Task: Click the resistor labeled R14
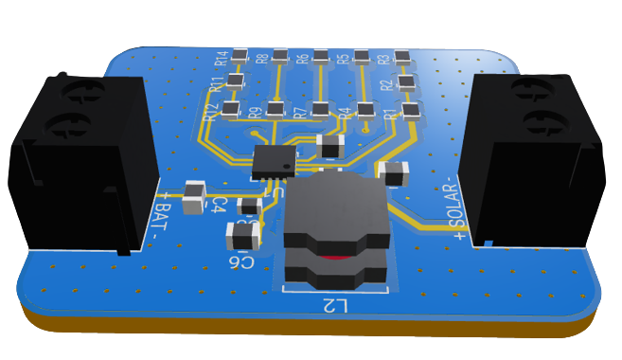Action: coord(240,55)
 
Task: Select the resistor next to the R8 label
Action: coord(280,55)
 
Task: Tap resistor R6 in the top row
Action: coord(321,55)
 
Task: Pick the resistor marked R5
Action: coord(361,56)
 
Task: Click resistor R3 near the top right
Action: coord(401,56)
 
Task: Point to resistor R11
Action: coord(236,81)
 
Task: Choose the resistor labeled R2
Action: coord(406,82)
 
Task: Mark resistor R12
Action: coord(230,109)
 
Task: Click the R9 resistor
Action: coord(275,109)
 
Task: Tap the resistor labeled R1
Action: coord(410,110)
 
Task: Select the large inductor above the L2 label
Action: coord(336,232)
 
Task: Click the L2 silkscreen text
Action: coord(335,306)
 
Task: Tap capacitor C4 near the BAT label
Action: coord(194,197)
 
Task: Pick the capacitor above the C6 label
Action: coord(243,235)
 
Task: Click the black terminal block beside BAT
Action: coord(80,161)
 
